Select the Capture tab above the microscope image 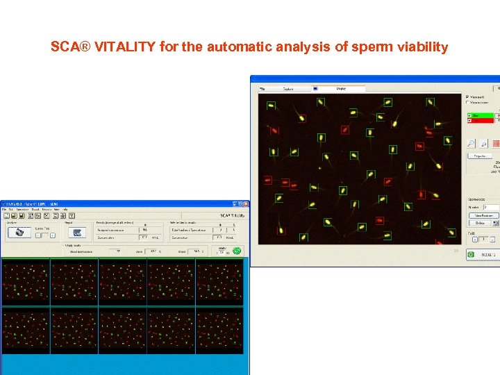click(287, 89)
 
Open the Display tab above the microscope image click(341, 89)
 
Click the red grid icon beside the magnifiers click(496, 143)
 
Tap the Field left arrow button click(475, 239)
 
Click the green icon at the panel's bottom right click(470, 255)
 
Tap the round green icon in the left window click(236, 251)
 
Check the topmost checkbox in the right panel click(467, 97)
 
